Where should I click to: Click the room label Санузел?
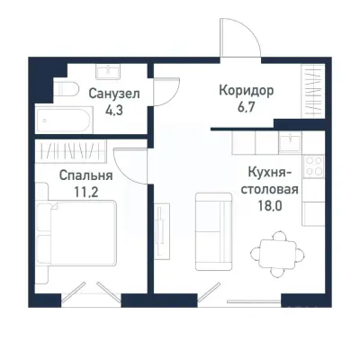pos(113,92)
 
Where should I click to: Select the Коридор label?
pos(246,91)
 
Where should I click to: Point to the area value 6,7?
pos(247,109)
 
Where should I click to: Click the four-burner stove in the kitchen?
pos(314,166)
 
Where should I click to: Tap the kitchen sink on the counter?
pos(290,140)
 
